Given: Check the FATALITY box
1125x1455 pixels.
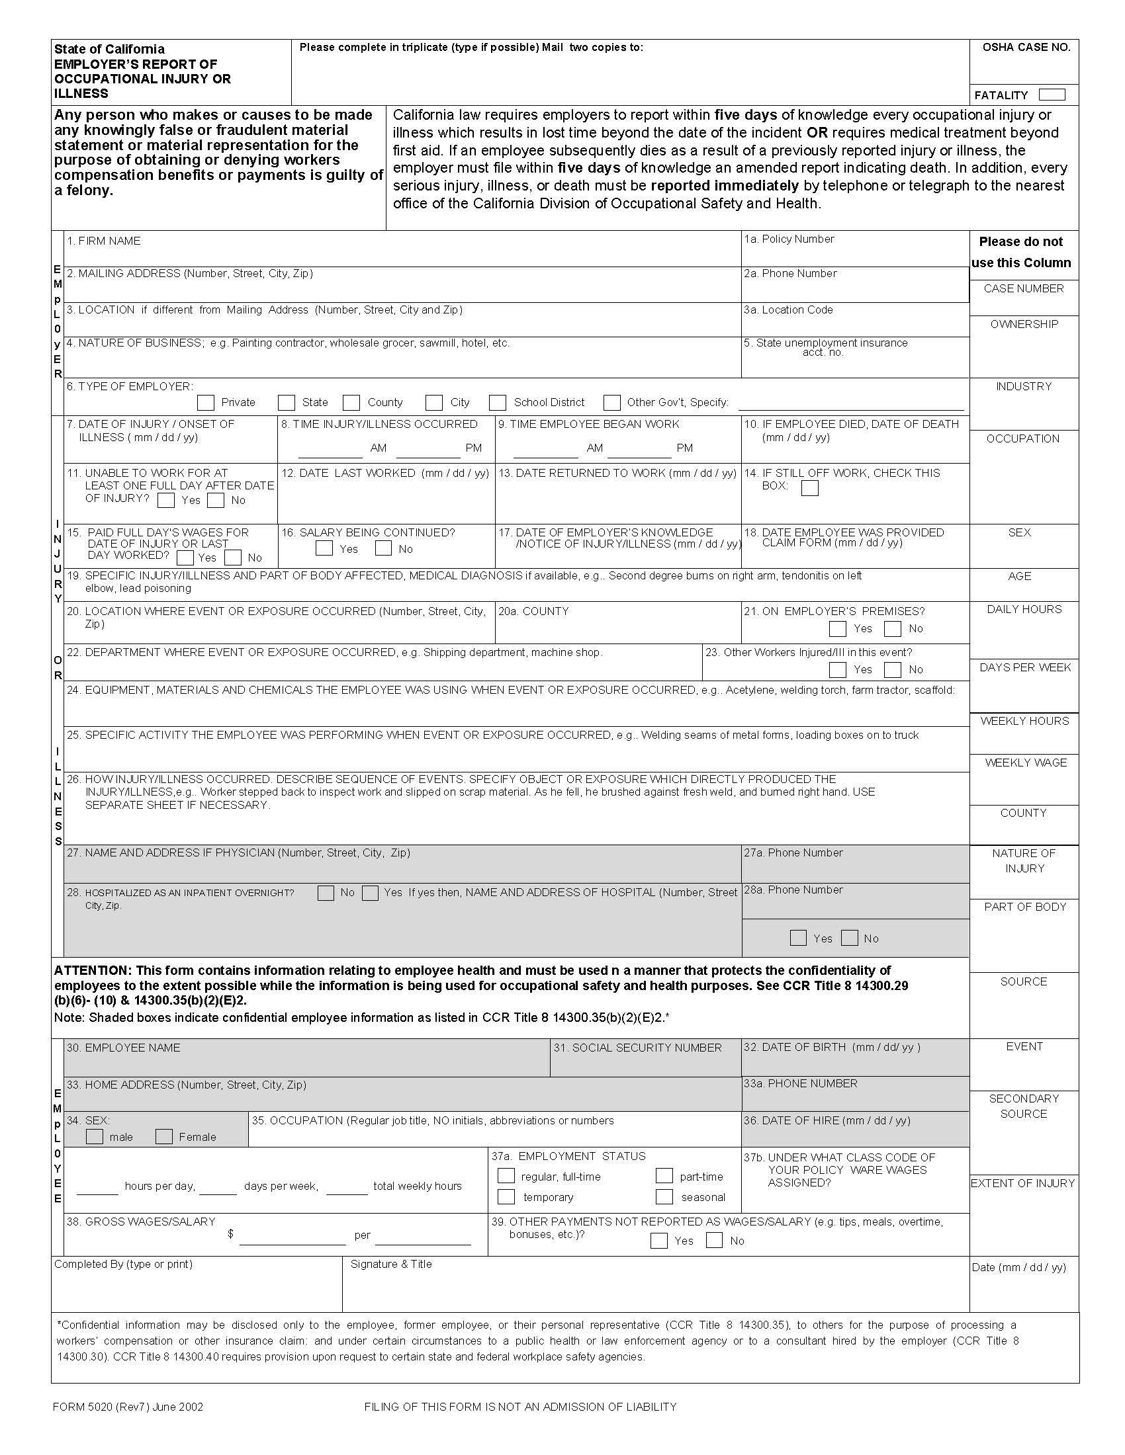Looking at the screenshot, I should pos(1052,95).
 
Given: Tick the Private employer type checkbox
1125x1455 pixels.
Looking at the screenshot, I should pos(206,402).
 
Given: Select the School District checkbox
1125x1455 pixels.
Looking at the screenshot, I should pos(497,402).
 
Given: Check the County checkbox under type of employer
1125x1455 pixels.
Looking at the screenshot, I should pos(351,402).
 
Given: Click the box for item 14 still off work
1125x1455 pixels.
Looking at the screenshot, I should pos(809,488).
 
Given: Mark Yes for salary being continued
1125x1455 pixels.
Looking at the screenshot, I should pos(324,548).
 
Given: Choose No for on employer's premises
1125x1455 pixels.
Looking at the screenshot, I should pos(893,628).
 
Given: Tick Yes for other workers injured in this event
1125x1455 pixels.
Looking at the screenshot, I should pos(838,669).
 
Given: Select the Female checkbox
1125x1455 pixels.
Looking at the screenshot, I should pos(164,1136).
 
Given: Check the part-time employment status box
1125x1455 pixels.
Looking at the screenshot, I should pos(664,1176).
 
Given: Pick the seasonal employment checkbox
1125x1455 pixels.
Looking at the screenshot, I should pos(664,1196).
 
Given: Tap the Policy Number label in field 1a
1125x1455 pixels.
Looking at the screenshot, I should pos(789,239).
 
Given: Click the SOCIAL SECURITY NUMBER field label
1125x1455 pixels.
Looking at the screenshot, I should pos(637,1048).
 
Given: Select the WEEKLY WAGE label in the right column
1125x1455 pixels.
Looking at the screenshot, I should pos(1026,763).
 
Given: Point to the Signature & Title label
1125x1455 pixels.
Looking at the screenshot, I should pos(391,1265).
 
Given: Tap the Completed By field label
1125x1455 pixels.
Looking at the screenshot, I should pos(123,1265).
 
